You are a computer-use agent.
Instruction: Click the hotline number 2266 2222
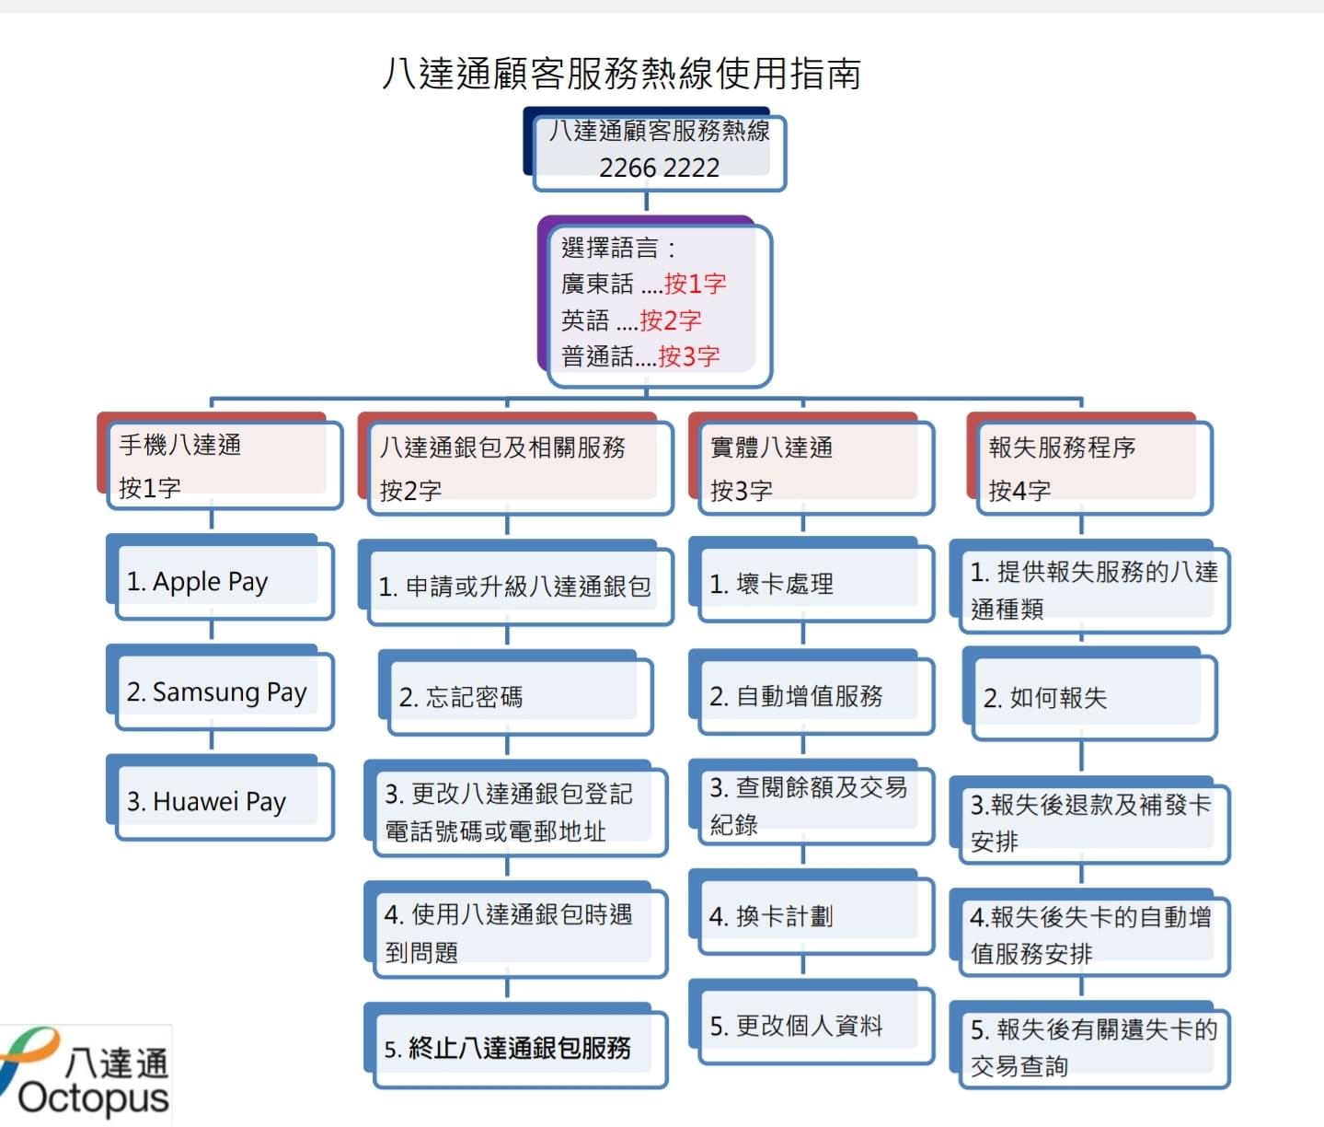(x=659, y=168)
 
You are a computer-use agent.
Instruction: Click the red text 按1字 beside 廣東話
(x=695, y=284)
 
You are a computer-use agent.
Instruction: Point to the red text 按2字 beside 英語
(x=671, y=320)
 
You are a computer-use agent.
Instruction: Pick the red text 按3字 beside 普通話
(x=689, y=356)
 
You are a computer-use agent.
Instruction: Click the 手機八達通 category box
(x=220, y=461)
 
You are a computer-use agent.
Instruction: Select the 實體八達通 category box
(x=811, y=463)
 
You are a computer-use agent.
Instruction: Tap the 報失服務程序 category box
(x=1089, y=463)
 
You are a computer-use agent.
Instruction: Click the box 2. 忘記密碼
(x=515, y=693)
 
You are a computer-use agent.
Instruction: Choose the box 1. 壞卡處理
(x=811, y=579)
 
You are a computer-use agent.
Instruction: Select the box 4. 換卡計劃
(x=811, y=912)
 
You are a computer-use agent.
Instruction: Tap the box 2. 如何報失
(x=1089, y=693)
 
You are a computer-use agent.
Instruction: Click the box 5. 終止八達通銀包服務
(x=515, y=1046)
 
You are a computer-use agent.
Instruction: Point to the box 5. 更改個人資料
(x=811, y=1022)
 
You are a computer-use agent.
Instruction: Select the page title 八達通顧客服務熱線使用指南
(x=621, y=73)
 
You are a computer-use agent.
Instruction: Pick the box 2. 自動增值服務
(x=811, y=692)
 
